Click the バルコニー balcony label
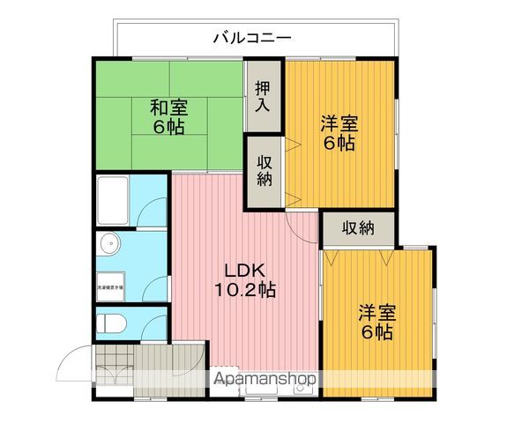(252, 38)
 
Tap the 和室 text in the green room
(167, 108)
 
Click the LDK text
(242, 270)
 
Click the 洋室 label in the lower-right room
(376, 313)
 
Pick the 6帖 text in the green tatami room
(167, 128)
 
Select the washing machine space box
(110, 286)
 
